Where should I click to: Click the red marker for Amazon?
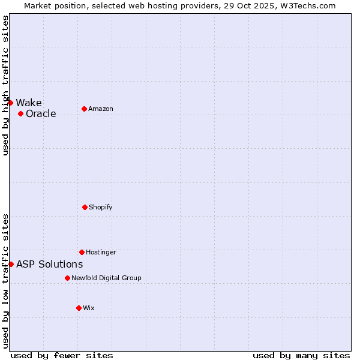(x=84, y=109)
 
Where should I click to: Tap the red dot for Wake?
(x=10, y=103)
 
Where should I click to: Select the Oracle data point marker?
(x=20, y=113)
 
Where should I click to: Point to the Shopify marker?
(x=85, y=207)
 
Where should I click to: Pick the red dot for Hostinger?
(x=82, y=252)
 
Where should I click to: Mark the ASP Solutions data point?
(x=11, y=264)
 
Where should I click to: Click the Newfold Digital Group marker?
(x=67, y=278)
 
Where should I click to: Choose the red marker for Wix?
(x=79, y=308)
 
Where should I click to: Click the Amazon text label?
(x=101, y=109)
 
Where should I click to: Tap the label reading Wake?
(x=29, y=103)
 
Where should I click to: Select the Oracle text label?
(x=41, y=113)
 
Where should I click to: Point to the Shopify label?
(x=101, y=207)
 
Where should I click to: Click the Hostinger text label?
(x=101, y=252)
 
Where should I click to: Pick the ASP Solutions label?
(x=50, y=264)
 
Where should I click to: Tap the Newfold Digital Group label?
(x=106, y=278)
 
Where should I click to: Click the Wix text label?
(x=89, y=308)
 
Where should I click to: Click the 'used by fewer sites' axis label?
(x=62, y=355)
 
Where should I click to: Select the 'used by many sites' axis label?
(x=301, y=355)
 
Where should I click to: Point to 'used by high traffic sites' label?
(x=5, y=85)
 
